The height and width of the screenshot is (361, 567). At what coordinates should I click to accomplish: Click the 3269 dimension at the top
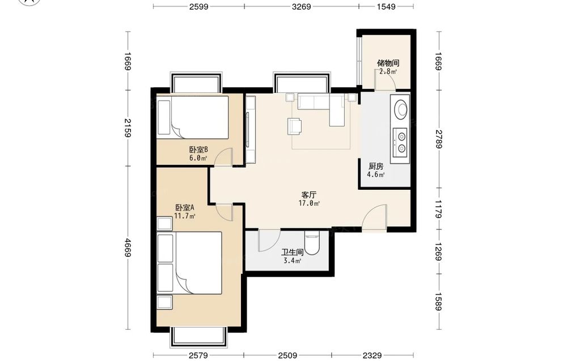[301, 6]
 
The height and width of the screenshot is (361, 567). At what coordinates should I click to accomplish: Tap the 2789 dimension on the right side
[439, 139]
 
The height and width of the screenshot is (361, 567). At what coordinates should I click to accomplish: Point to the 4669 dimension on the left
[127, 248]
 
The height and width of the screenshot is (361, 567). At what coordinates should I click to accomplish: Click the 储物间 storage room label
[388, 63]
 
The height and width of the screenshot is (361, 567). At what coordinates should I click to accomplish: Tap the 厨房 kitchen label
[376, 166]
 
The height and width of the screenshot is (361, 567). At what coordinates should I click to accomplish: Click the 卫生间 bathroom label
[292, 252]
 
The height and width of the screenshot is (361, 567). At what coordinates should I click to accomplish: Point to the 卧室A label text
[185, 208]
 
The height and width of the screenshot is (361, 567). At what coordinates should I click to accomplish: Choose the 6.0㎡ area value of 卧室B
[198, 158]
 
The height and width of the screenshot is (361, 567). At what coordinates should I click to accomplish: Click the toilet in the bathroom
[311, 244]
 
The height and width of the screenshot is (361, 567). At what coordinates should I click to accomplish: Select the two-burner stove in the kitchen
[401, 142]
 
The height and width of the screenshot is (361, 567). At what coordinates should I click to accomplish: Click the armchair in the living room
[295, 126]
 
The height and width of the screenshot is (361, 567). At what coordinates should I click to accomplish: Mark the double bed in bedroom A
[190, 263]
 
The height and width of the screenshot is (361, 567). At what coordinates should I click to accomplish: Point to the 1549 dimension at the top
[386, 6]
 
